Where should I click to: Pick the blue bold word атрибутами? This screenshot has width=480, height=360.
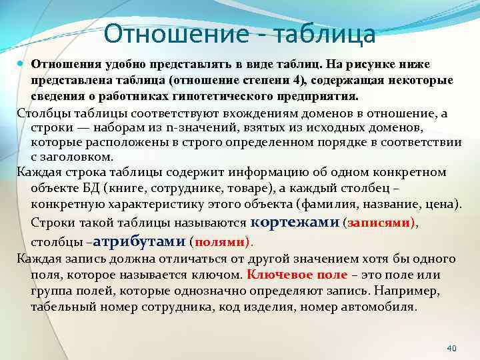tap(143, 241)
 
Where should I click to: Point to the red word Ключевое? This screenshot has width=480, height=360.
tap(272, 275)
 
